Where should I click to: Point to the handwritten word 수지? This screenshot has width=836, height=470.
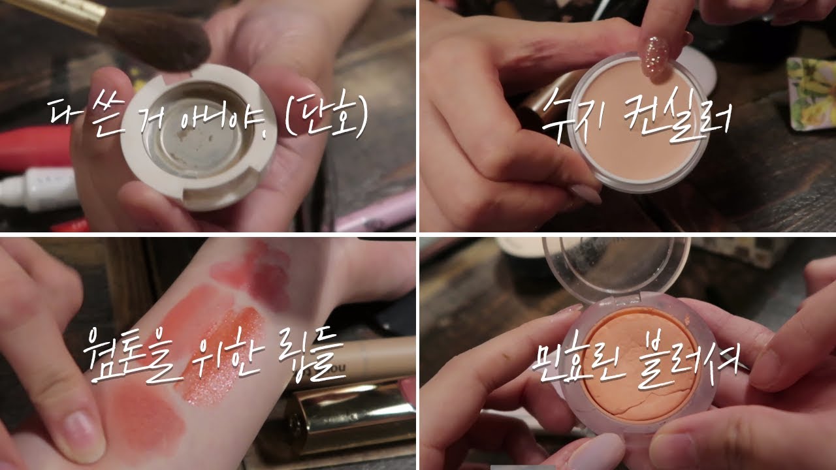point(575,116)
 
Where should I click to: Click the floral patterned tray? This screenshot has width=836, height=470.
point(811,93)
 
